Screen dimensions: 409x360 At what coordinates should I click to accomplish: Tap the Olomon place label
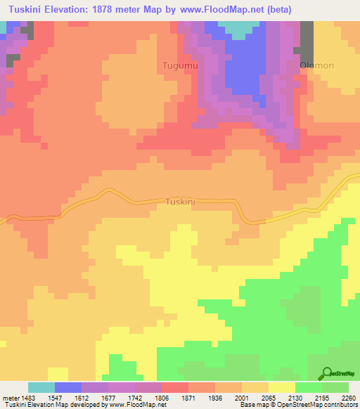[317, 65]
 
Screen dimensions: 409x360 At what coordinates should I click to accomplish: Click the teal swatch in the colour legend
[41, 387]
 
